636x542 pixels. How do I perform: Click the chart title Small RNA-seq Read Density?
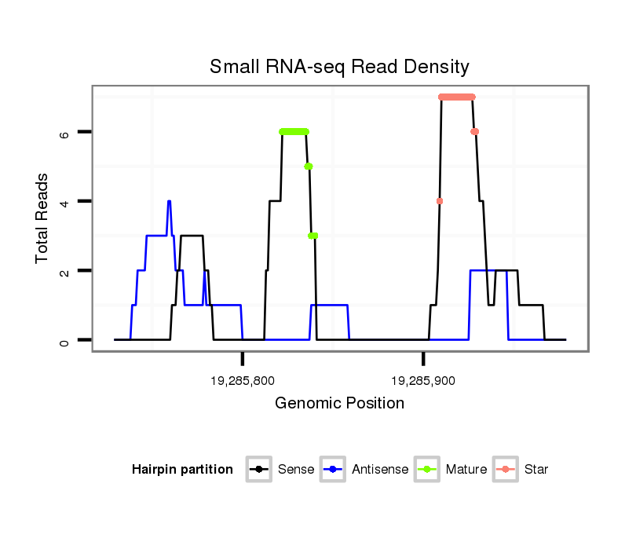(x=339, y=67)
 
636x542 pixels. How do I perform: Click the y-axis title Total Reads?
(x=43, y=218)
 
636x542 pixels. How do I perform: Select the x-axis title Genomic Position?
(x=339, y=404)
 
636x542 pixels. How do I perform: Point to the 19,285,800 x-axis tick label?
(x=243, y=381)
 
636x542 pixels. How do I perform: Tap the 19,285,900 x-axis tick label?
(x=423, y=381)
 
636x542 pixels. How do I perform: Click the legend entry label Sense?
(x=296, y=470)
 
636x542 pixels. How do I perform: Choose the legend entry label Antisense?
(x=380, y=470)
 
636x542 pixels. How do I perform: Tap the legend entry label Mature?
(x=466, y=470)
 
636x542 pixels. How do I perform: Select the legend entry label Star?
(x=535, y=470)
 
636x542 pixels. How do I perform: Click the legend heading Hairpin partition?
(x=182, y=470)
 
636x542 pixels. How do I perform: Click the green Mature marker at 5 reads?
(x=309, y=167)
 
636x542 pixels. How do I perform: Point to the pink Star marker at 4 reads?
(x=440, y=201)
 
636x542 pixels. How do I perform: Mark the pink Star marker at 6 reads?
(x=474, y=132)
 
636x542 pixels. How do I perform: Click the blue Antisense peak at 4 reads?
(x=169, y=202)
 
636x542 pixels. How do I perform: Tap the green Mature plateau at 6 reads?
(x=294, y=132)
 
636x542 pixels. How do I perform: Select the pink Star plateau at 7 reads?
(x=457, y=97)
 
